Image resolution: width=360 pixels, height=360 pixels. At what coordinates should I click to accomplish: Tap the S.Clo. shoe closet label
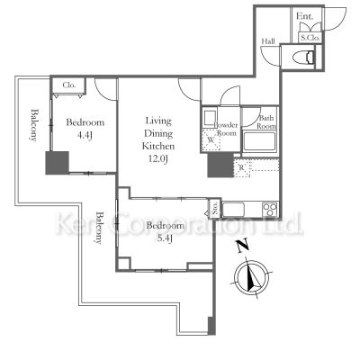[310, 38]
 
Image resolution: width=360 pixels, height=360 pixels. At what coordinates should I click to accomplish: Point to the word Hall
[268, 41]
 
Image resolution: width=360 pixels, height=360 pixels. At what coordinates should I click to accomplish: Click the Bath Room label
[267, 122]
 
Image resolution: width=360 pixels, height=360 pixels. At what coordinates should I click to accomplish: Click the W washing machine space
[210, 140]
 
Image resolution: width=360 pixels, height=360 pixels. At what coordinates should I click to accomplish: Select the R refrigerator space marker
[241, 167]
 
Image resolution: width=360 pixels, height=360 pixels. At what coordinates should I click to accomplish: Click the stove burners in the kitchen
[267, 211]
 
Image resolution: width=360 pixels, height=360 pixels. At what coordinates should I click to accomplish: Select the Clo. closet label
[68, 86]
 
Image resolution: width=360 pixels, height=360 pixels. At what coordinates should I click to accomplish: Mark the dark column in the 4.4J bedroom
[58, 163]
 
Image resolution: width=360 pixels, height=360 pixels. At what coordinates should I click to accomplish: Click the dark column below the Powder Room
[217, 166]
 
